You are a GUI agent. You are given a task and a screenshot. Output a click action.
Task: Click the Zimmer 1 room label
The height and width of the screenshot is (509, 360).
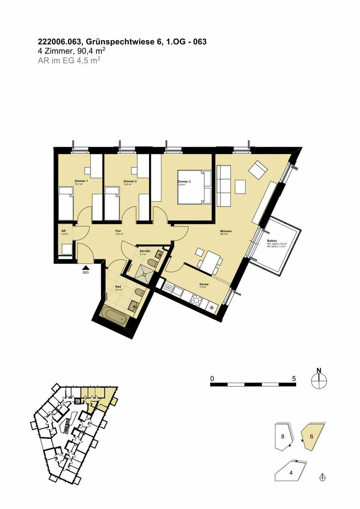point(81,181)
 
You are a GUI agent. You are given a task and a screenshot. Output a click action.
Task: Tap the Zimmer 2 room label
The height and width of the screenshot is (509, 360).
point(130,181)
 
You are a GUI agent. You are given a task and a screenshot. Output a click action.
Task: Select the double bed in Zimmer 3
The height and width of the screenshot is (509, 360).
point(194,186)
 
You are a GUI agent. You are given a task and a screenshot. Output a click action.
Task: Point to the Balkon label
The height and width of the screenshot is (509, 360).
point(272,241)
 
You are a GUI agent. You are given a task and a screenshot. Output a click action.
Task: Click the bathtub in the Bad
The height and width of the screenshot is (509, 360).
point(115,315)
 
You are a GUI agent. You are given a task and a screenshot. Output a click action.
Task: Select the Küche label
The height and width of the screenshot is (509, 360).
point(203,284)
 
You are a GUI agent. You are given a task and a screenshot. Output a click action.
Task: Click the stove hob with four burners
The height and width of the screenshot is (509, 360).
point(197,300)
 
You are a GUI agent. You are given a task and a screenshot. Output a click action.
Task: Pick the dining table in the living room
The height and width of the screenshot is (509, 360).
point(209,261)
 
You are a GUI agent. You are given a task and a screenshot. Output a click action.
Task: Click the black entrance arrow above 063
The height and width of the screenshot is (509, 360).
point(85,267)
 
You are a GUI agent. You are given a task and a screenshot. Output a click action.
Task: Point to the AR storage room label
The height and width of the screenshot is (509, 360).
point(64,232)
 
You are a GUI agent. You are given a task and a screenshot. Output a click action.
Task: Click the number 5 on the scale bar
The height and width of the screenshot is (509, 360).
point(294,379)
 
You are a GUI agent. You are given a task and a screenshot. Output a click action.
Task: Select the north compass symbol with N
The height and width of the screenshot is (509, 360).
point(319,380)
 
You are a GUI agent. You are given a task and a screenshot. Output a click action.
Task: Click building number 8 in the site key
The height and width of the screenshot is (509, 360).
point(283,436)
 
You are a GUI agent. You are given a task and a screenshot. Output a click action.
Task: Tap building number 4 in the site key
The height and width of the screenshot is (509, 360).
point(291,473)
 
